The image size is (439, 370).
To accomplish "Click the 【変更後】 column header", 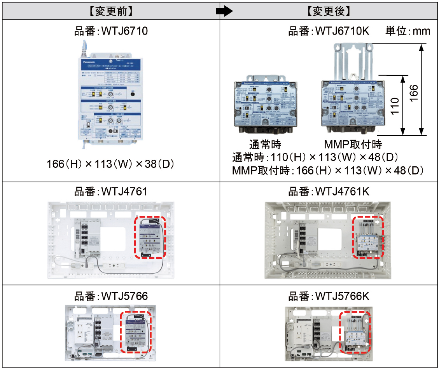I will click(x=329, y=11).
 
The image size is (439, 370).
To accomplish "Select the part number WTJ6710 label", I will click(x=111, y=31).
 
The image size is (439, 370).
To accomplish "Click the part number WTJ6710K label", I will click(x=329, y=31).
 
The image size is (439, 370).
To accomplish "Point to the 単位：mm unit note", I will click(x=408, y=31).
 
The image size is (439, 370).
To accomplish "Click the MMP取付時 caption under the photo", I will click(x=353, y=145).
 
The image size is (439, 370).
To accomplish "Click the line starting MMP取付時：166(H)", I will click(x=327, y=170).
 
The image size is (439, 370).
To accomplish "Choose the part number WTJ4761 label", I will click(x=111, y=192).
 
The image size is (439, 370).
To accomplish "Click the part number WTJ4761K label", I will click(x=329, y=192).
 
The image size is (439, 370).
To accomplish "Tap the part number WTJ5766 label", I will click(x=111, y=297).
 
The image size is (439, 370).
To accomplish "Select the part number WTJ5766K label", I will click(x=329, y=297).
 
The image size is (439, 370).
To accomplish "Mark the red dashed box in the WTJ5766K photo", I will click(x=355, y=332).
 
